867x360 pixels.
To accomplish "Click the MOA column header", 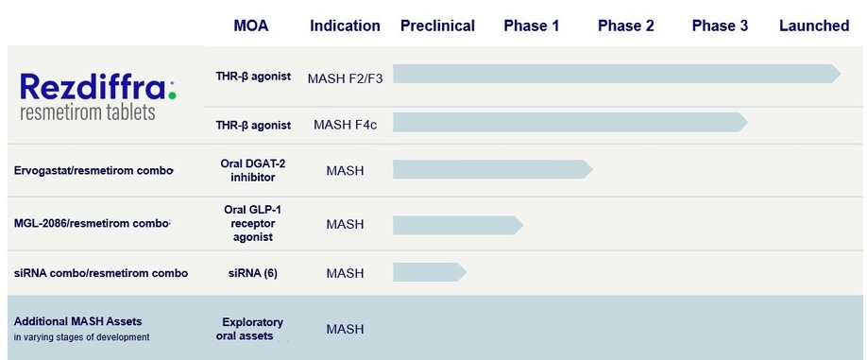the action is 251,26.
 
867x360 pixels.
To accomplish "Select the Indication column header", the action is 345,26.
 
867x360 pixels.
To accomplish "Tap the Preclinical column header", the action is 437,26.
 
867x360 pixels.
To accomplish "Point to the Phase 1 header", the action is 532,26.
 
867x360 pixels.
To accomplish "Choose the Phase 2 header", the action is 626,26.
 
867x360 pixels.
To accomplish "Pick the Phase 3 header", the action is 720,26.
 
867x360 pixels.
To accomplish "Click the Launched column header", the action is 814,26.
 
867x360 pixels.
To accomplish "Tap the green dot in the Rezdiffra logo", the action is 173,95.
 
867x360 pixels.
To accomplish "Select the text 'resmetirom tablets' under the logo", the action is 88,112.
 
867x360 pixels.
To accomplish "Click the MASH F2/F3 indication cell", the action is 345,78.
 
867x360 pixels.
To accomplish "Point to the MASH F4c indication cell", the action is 345,125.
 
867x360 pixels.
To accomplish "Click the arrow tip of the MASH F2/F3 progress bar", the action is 841,74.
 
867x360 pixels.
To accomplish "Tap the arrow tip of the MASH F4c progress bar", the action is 748,122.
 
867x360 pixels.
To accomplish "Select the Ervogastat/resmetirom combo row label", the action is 93,170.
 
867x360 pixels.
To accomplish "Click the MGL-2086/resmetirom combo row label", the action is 92,223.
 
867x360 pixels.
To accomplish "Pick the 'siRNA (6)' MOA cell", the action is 253,273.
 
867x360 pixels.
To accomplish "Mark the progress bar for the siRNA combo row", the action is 430,272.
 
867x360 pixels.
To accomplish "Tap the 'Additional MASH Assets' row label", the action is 78,321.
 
